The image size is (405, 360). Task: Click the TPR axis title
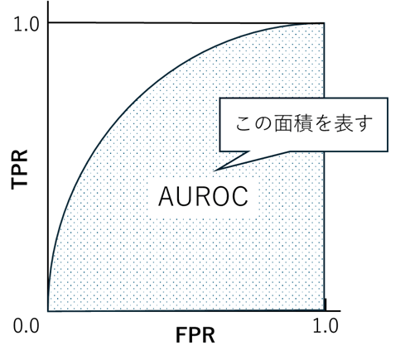coord(20,170)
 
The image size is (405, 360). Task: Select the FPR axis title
coord(195,335)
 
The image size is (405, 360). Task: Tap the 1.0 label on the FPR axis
coord(325,325)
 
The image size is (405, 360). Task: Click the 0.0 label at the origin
coord(27,326)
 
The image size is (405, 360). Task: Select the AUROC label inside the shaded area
coord(203,196)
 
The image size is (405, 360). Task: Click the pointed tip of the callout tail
coord(215,170)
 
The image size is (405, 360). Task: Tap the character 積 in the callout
coord(304,123)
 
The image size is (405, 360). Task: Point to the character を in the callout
coord(324,123)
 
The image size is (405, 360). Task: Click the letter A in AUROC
coord(166,196)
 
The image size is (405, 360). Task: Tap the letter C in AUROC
coord(240,196)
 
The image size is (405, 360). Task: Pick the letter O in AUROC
coord(221,196)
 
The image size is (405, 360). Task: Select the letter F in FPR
coord(181,335)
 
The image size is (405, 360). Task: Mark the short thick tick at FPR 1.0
coord(325,305)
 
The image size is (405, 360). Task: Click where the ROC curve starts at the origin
coord(48,310)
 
